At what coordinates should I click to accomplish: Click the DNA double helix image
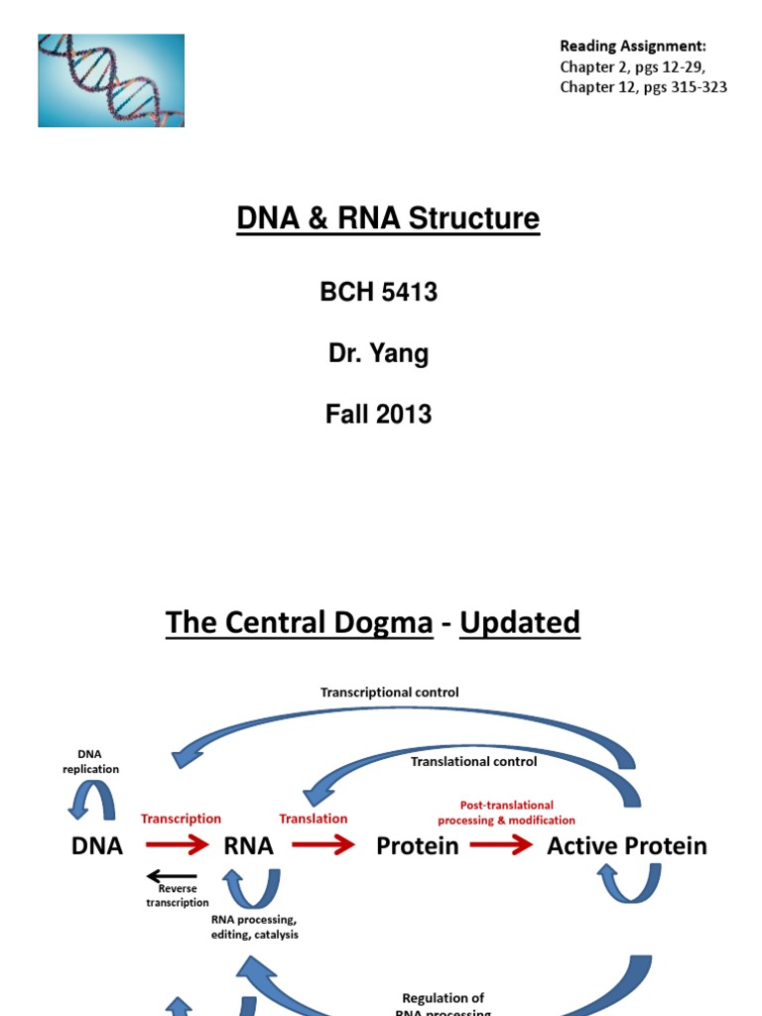[111, 80]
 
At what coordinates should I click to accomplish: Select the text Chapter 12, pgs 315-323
[643, 87]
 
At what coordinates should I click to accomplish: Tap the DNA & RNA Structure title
[388, 218]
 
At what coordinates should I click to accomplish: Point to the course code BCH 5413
[378, 293]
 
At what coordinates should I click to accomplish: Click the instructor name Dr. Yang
[378, 354]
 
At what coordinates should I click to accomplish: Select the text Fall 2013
[378, 415]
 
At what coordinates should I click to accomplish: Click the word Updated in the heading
[520, 623]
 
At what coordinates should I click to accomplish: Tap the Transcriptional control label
[389, 693]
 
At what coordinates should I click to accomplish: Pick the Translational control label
[473, 762]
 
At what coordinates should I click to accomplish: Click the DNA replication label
[90, 762]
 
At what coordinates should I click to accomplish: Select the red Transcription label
[181, 819]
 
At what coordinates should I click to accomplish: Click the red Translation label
[314, 819]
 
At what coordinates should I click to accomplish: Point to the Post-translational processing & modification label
[506, 813]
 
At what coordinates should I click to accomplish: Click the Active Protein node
[627, 846]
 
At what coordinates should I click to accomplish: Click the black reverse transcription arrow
[171, 876]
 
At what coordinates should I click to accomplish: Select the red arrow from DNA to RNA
[178, 846]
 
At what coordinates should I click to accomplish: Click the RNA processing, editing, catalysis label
[254, 928]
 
